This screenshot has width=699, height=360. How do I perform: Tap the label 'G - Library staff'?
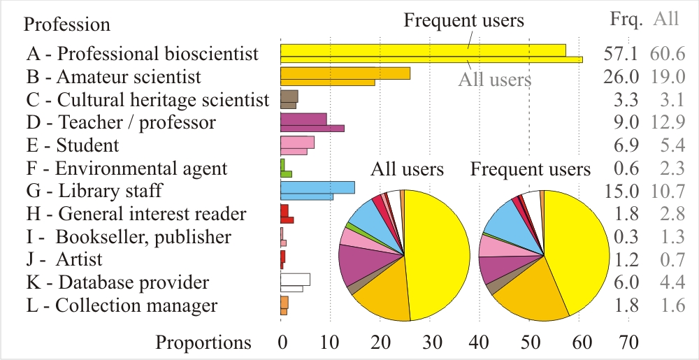click(x=94, y=191)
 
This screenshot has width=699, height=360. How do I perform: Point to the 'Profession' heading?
click(x=67, y=24)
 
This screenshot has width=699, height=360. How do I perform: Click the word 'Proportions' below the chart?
click(x=203, y=343)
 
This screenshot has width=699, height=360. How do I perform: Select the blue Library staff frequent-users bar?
click(x=317, y=187)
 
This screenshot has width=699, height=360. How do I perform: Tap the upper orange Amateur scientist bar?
click(x=345, y=73)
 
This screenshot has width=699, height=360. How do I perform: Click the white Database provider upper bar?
click(x=295, y=279)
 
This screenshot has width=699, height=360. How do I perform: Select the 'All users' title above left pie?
click(x=407, y=169)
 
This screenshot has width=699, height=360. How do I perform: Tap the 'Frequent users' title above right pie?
click(x=531, y=169)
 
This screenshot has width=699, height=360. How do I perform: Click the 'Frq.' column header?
click(x=626, y=19)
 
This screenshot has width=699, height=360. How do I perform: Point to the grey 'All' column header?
click(x=665, y=19)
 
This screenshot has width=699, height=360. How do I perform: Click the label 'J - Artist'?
click(x=64, y=259)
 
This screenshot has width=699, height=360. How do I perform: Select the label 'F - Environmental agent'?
click(x=127, y=168)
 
